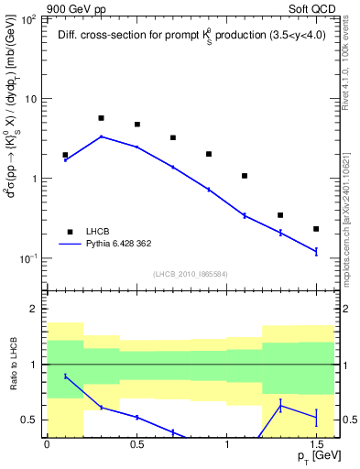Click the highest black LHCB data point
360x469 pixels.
(101, 118)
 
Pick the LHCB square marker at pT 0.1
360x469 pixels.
(65, 155)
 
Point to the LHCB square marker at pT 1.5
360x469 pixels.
(316, 229)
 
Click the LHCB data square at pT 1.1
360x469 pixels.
(245, 176)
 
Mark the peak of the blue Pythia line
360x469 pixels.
(101, 136)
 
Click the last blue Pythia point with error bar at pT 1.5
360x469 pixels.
(316, 251)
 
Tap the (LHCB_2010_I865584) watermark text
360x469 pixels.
(190, 274)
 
